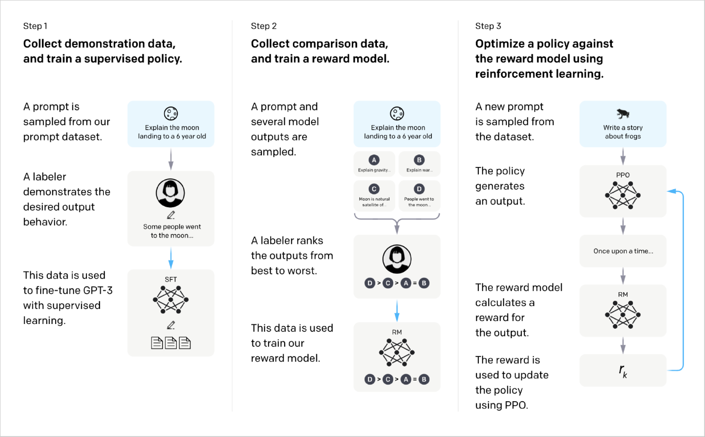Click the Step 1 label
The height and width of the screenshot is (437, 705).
click(x=35, y=26)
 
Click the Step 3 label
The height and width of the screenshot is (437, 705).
click(x=488, y=26)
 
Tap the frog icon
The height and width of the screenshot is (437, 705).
click(x=622, y=113)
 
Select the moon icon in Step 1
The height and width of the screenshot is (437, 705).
click(x=171, y=113)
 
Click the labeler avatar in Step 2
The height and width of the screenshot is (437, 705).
click(x=397, y=259)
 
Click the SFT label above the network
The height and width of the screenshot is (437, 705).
click(x=171, y=280)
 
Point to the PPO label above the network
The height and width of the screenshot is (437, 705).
click(x=622, y=175)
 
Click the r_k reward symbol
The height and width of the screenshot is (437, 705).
click(x=623, y=371)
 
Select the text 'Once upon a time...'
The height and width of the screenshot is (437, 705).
click(x=623, y=251)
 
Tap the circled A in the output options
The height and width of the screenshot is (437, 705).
click(x=374, y=160)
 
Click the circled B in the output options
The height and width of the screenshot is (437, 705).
click(x=419, y=160)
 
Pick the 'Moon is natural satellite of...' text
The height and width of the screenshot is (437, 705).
click(x=374, y=202)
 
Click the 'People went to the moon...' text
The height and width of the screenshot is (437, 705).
click(x=419, y=202)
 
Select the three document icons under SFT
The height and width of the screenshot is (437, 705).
click(x=171, y=343)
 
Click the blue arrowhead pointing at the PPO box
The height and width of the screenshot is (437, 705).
click(x=672, y=191)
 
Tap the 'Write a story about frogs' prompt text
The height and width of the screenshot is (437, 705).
click(x=623, y=132)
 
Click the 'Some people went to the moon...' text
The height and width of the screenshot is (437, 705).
click(x=172, y=231)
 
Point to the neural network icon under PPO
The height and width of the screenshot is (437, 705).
click(x=622, y=196)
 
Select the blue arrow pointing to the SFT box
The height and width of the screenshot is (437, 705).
click(x=171, y=258)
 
